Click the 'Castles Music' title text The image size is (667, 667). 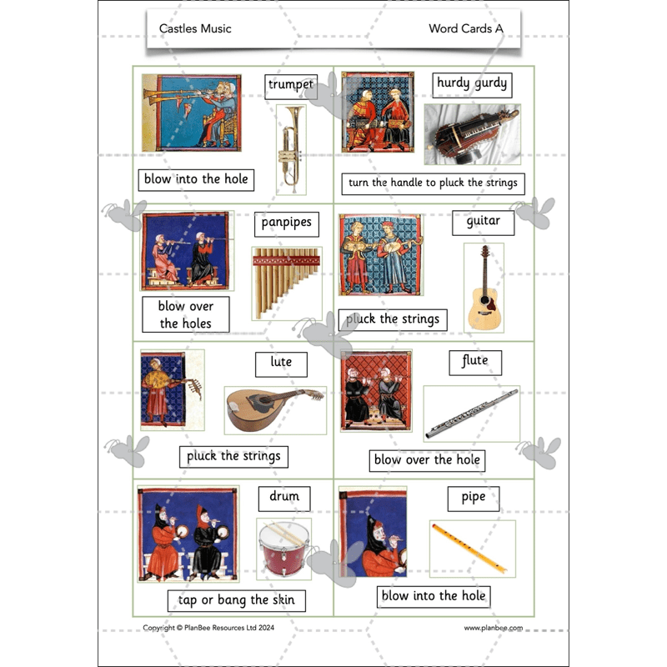[195, 28]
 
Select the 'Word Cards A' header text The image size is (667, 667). [465, 28]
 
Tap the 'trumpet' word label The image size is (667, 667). [291, 84]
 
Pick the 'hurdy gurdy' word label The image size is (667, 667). [472, 83]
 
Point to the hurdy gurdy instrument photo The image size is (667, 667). [472, 134]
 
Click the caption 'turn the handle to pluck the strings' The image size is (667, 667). [433, 183]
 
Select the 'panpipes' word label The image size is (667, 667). [286, 223]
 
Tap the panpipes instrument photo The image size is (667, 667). [286, 282]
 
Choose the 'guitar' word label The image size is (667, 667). [484, 222]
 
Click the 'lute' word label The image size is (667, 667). [281, 363]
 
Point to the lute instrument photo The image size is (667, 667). [274, 409]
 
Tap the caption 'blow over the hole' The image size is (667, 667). [426, 459]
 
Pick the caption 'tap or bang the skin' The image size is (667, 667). [237, 599]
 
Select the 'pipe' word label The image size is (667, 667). [473, 498]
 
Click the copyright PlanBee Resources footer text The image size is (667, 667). [208, 628]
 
